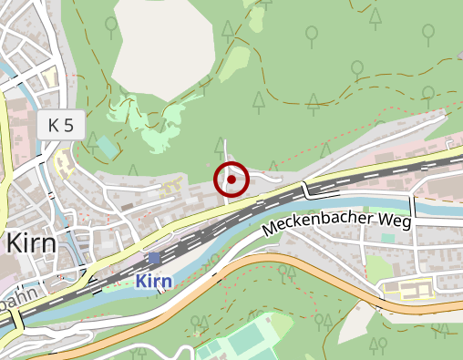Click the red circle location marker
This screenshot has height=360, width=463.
231,180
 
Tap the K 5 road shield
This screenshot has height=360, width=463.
62,126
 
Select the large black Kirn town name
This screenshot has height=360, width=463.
31,243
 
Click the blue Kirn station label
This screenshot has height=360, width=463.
153,281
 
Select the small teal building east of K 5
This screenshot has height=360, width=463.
108,147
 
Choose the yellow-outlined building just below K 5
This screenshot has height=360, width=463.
64,164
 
